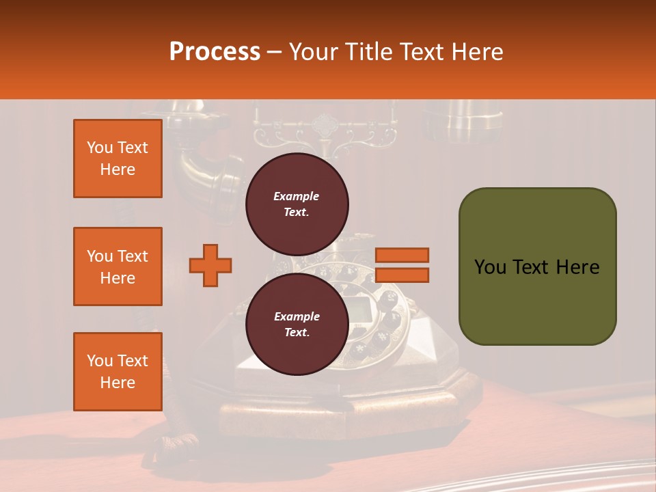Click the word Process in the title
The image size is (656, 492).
[215, 51]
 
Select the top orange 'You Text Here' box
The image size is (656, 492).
[118, 159]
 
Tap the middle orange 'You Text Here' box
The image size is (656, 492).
[118, 266]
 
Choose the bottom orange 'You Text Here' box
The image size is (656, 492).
[118, 372]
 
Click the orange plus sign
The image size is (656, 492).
[210, 265]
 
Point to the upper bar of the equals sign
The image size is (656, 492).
[402, 255]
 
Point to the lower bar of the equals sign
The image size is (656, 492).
[402, 275]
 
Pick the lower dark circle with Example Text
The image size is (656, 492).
[297, 324]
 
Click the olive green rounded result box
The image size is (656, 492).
[537, 266]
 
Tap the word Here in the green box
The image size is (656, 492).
[577, 266]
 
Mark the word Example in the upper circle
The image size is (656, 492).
[297, 196]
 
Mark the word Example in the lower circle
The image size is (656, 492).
[297, 316]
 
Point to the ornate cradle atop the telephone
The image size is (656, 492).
[325, 130]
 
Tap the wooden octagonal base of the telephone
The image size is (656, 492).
[342, 410]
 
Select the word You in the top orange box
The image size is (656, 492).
[99, 148]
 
